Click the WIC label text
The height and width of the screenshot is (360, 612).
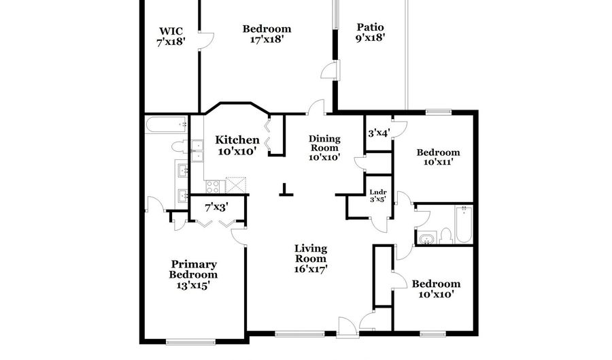tap(171, 31)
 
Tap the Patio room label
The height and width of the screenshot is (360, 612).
tap(371, 28)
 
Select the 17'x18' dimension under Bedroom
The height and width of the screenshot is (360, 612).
tap(267, 39)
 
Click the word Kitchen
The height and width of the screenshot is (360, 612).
tap(237, 140)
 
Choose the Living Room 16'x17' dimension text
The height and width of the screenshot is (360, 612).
tap(311, 269)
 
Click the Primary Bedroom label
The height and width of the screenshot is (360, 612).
tap(194, 269)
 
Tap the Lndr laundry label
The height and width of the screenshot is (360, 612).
tap(377, 193)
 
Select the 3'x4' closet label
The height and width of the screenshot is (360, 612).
tap(378, 133)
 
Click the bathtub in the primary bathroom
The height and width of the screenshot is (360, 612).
tap(166, 124)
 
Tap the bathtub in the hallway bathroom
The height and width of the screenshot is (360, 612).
tap(464, 225)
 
